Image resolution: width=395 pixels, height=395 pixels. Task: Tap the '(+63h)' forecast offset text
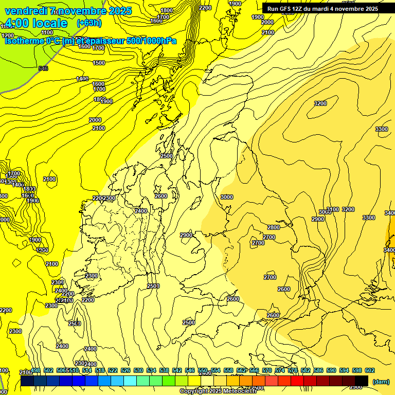click(x=89, y=23)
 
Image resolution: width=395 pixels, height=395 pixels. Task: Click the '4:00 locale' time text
click(x=37, y=23)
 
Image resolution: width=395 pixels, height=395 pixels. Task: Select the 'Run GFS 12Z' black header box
click(x=322, y=9)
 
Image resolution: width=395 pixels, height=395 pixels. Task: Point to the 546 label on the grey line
click(x=43, y=68)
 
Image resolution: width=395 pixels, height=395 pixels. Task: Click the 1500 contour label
click(x=99, y=63)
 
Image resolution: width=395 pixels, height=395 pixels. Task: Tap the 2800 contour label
click(x=274, y=227)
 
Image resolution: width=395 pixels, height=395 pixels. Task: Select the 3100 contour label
click(x=333, y=209)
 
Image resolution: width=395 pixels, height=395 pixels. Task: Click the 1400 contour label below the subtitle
click(x=82, y=79)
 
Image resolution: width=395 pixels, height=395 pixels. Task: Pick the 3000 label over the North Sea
click(x=226, y=197)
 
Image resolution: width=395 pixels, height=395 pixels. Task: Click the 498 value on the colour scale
click(x=35, y=370)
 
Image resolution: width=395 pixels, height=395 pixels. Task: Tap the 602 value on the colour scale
click(x=369, y=370)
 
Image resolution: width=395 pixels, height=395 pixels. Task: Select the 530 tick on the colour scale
click(x=138, y=370)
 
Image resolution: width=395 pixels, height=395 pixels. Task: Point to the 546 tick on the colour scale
click(x=190, y=370)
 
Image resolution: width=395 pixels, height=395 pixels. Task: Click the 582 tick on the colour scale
click(x=306, y=370)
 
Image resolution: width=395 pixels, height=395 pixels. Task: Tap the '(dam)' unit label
click(x=381, y=381)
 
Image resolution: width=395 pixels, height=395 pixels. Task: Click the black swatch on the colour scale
click(x=362, y=381)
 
